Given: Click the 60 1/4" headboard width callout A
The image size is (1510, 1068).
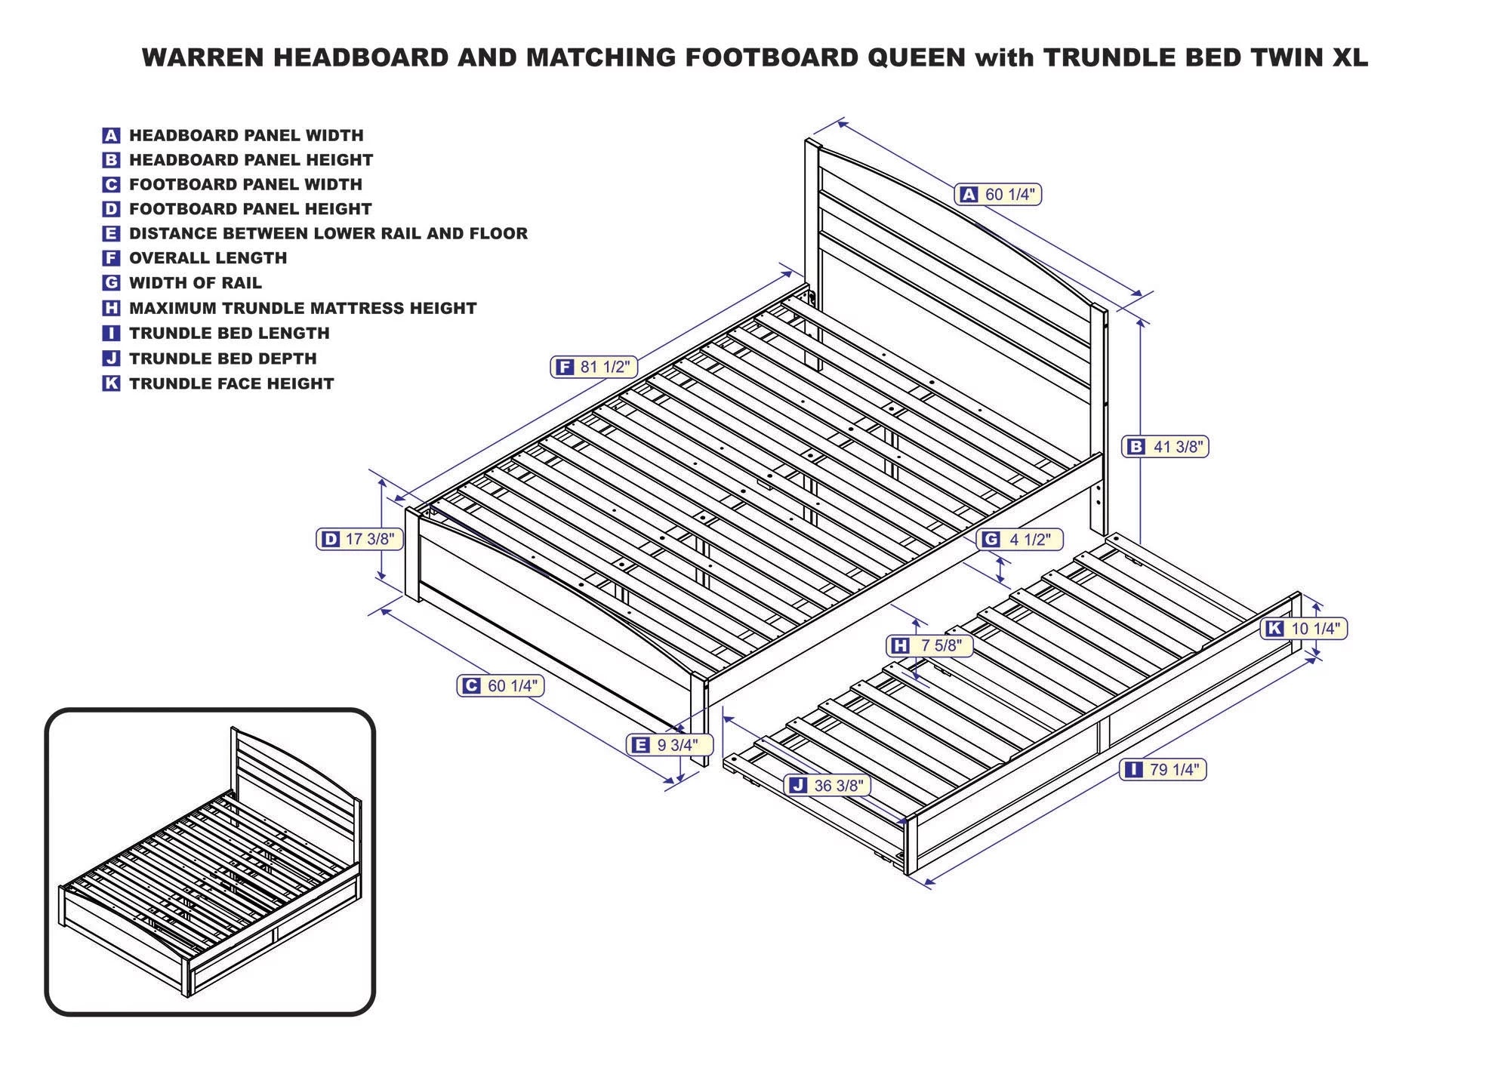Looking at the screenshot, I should coord(998,195).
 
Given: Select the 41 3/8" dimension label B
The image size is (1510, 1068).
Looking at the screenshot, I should coord(1166,447).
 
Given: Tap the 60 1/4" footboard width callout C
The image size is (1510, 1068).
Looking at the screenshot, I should coord(501,685).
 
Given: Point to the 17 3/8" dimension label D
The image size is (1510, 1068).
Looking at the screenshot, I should coord(359,539).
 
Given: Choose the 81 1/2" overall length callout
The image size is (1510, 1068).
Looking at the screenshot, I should coord(594,367).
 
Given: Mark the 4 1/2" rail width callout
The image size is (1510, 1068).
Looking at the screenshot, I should coord(1019,539).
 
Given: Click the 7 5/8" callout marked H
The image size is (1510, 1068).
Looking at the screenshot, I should coord(929,645).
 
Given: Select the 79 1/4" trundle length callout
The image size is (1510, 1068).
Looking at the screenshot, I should coord(1163,770).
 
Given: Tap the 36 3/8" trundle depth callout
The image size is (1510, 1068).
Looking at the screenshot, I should coord(827,785).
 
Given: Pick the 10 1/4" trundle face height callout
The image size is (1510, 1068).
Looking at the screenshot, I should coord(1304,628).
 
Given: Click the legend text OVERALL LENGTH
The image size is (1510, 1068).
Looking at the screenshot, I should coord(208,258).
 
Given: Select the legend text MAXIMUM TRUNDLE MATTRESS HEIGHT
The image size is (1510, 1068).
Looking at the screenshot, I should coord(303,308).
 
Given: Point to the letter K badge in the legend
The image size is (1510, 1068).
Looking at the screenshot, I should coord(111,383).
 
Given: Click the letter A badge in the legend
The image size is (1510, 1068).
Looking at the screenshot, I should coord(111,136).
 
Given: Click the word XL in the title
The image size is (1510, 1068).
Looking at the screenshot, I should coord(1349,58).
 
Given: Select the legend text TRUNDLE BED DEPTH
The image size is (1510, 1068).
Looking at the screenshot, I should coord(223,359).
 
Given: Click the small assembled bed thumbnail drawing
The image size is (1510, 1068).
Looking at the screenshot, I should coord(210,862).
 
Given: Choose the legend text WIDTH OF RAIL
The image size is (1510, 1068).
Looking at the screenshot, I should coord(196,283).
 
